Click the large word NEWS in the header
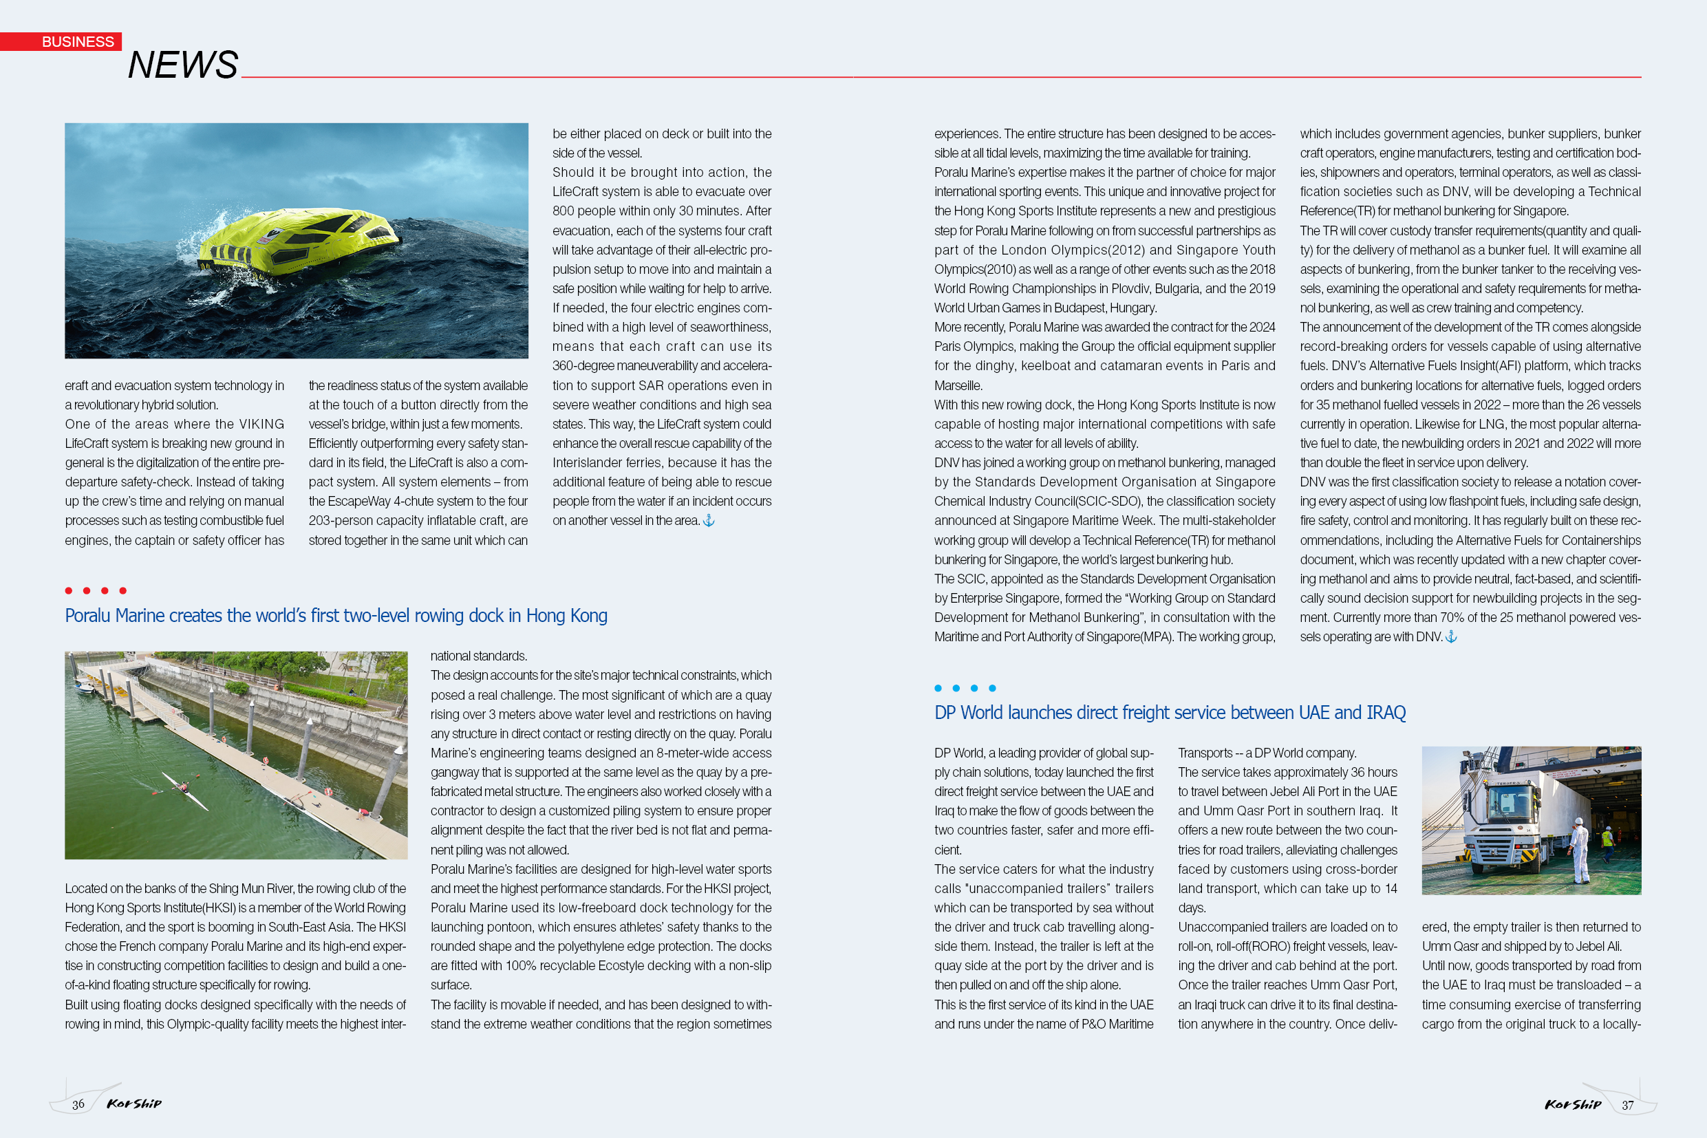click(183, 65)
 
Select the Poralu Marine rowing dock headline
click(336, 616)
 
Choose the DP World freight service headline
click(1169, 713)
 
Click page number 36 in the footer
click(78, 1104)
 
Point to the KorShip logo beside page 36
click(134, 1104)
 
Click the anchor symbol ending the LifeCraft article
click(709, 520)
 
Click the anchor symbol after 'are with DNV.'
click(1451, 636)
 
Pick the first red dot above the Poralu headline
click(68, 591)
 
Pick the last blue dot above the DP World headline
click(992, 688)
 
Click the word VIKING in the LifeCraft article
click(262, 424)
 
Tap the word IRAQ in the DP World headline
click(1386, 713)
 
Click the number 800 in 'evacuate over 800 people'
click(563, 211)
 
